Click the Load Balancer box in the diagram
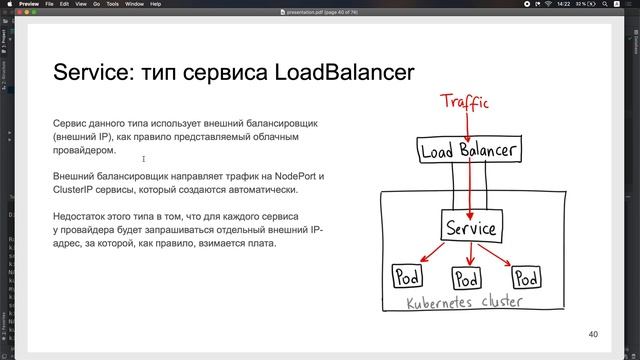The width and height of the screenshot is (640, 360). point(469,152)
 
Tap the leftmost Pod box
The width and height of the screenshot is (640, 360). point(406,276)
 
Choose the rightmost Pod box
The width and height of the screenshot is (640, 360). point(526,276)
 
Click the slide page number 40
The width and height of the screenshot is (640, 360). point(593,334)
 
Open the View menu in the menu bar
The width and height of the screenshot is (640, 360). point(83,4)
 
